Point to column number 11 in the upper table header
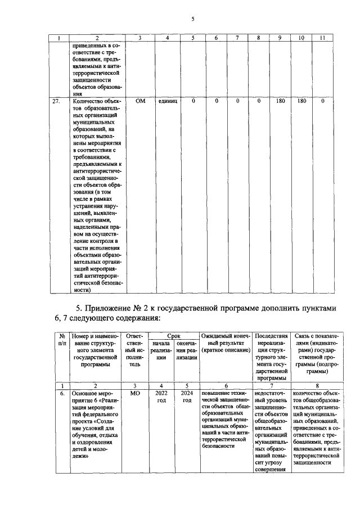(x=322, y=38)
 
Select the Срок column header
(x=174, y=335)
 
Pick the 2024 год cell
(x=187, y=397)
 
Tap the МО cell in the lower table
(x=134, y=394)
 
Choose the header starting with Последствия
(x=272, y=335)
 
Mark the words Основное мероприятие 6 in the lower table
(x=93, y=398)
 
